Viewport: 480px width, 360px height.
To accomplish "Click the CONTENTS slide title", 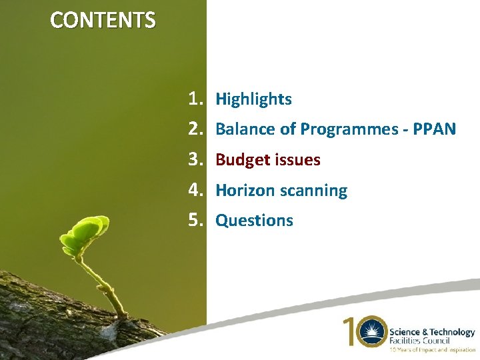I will click(103, 20).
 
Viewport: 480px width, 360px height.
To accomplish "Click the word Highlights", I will click(253, 99).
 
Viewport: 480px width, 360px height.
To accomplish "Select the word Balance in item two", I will click(241, 129).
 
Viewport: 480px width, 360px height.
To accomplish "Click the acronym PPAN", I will click(434, 129).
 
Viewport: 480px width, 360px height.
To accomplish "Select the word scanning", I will click(313, 191).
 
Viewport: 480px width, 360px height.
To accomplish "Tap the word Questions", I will click(254, 221).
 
